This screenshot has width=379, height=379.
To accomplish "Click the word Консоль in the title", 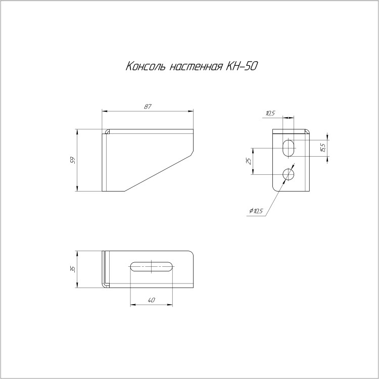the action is pyautogui.click(x=145, y=66).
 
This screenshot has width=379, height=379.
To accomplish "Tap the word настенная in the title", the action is pyautogui.click(x=196, y=67).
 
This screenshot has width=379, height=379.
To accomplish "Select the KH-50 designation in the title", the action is pyautogui.click(x=241, y=66).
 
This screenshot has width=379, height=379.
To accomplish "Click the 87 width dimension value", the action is pyautogui.click(x=148, y=106).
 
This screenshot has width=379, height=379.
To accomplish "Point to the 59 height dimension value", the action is pyautogui.click(x=73, y=160).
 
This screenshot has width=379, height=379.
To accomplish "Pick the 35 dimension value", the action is pyautogui.click(x=73, y=269).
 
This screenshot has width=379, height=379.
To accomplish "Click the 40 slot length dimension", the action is pyautogui.click(x=151, y=300).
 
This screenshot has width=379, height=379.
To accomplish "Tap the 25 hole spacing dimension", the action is pyautogui.click(x=249, y=161).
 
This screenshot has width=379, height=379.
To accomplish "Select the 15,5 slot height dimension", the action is pyautogui.click(x=323, y=148).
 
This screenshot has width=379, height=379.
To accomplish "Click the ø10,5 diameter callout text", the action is pyautogui.click(x=256, y=211).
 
